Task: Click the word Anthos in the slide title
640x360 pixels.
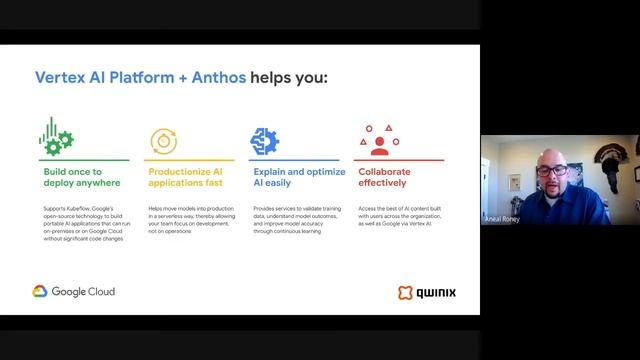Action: coord(215,77)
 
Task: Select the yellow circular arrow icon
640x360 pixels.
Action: coord(163,140)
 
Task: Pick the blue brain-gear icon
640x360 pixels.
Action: coord(264,140)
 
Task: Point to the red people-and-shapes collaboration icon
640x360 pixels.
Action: coord(379,140)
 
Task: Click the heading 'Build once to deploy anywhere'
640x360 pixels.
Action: coord(81,177)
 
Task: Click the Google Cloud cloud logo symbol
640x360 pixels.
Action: coord(40,292)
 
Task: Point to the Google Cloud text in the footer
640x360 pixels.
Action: coord(83,292)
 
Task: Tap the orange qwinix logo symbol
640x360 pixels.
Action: coord(405,293)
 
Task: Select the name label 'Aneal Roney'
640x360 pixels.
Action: coord(502,218)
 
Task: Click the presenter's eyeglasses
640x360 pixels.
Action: coord(551,171)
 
